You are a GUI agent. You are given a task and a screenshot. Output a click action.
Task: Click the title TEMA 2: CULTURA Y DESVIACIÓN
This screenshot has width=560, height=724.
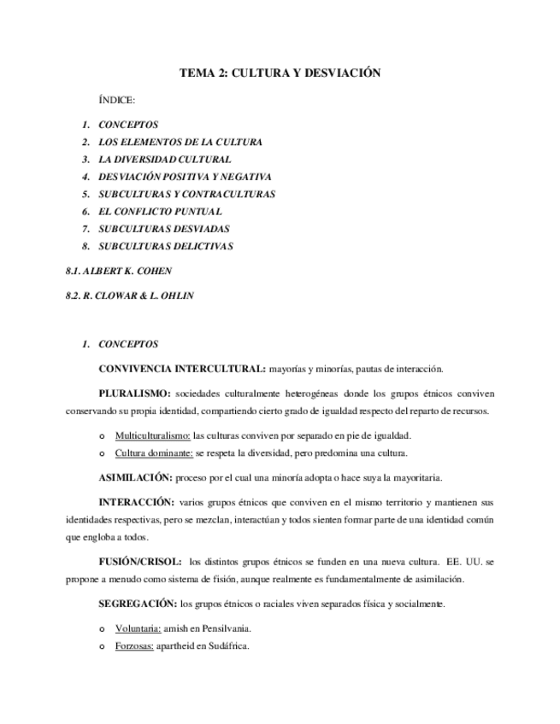[x=280, y=73]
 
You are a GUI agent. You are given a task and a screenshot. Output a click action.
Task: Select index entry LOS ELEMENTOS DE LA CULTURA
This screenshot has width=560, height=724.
[x=180, y=142]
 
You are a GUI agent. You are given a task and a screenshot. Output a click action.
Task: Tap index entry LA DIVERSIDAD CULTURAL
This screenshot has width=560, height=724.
[x=164, y=160]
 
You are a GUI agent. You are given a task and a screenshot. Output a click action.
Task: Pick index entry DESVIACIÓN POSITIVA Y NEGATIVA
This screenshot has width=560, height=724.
[x=185, y=177]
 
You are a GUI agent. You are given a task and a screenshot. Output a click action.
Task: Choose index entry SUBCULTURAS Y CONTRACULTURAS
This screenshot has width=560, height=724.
[x=186, y=194]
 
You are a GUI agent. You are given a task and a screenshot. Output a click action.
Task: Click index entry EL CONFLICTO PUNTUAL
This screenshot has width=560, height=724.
[x=160, y=211]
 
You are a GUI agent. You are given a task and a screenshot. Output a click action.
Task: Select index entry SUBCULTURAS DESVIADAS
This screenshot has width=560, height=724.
[x=163, y=229]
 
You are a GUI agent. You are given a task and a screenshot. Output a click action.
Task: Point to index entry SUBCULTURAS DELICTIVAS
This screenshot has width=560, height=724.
[x=165, y=246]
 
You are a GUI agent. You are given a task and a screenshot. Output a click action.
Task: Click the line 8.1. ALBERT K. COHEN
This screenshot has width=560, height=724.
[x=119, y=271]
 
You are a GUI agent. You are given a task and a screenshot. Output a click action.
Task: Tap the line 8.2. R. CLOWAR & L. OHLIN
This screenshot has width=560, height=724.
[x=130, y=295]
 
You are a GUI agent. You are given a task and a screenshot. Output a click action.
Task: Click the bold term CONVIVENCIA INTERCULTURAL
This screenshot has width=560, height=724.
[x=181, y=369]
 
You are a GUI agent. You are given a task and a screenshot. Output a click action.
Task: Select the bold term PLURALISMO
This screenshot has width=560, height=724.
[x=135, y=394]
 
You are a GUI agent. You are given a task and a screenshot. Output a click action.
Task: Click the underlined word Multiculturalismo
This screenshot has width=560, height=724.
[x=152, y=435]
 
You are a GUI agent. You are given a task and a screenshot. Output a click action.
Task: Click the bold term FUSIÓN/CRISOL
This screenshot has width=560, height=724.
[x=139, y=562]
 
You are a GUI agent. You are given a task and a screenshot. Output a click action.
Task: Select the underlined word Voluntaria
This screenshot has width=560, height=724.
[x=138, y=628]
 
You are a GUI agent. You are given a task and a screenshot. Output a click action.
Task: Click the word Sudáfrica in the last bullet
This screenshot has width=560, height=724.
[x=227, y=645]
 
